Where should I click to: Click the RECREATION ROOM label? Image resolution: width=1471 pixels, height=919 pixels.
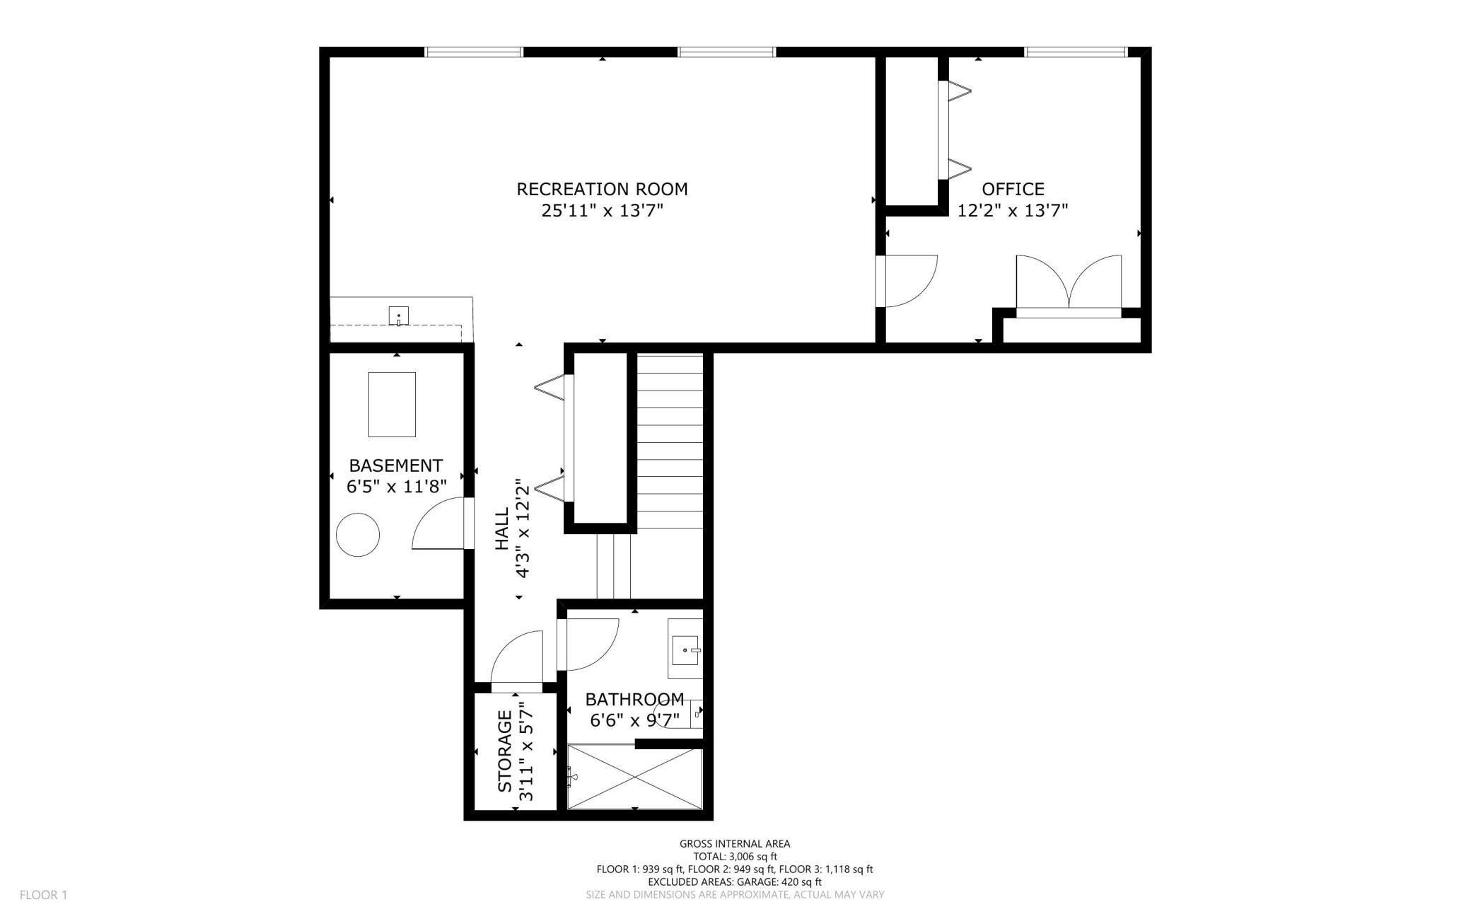point(602,189)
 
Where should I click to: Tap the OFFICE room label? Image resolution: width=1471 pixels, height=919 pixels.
point(1013,189)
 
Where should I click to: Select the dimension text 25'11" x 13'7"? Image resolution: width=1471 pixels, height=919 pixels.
point(602,211)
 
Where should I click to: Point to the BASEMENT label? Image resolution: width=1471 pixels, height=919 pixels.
point(396,466)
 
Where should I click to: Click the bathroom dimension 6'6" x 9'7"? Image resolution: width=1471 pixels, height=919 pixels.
point(634,720)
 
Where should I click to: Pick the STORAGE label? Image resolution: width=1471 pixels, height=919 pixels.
point(504,751)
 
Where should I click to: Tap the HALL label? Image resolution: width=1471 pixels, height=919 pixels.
point(501,528)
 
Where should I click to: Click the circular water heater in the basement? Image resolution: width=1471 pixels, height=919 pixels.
point(358,535)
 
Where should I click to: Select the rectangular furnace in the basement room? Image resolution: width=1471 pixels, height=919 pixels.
point(392,404)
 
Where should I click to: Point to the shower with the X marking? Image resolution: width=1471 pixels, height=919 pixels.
point(635,776)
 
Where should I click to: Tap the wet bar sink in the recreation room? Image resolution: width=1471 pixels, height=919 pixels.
point(399,316)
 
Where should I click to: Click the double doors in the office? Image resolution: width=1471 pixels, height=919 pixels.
point(1069,283)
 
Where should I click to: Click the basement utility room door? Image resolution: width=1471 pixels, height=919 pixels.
point(442,523)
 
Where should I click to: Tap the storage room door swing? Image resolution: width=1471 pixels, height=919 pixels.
point(517,657)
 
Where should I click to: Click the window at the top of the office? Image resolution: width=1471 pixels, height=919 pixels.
point(1075,52)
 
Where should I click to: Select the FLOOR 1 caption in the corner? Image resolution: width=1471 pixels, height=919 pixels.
point(43,895)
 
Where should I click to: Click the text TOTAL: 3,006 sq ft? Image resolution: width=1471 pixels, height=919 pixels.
point(735,856)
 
